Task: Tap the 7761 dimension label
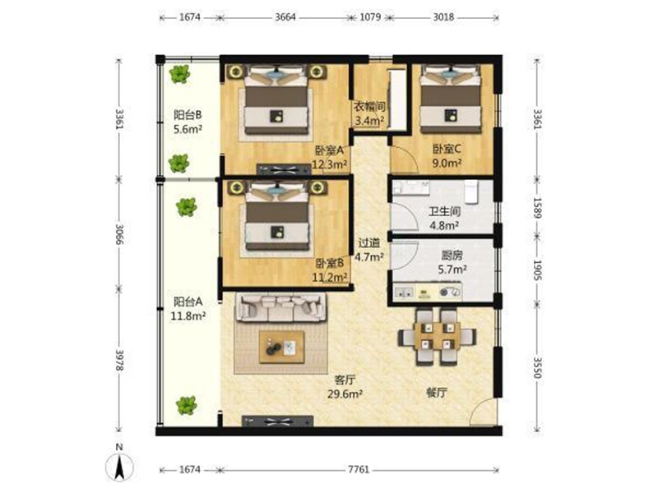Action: [359, 469]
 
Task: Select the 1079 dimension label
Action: [371, 17]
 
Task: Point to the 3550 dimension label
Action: [537, 367]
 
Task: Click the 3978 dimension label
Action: [119, 360]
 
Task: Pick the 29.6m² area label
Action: [345, 394]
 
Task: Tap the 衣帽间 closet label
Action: [369, 107]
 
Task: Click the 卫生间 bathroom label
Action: [444, 212]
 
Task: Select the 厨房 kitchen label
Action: [452, 256]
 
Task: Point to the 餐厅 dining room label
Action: [437, 393]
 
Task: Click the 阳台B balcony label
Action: [188, 114]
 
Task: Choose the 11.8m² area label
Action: [188, 316]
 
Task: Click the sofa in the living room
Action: [280, 306]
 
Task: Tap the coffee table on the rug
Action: [281, 347]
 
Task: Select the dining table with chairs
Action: [437, 337]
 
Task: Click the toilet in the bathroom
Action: [472, 192]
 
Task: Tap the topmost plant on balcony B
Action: [179, 74]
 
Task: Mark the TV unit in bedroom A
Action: [284, 169]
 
